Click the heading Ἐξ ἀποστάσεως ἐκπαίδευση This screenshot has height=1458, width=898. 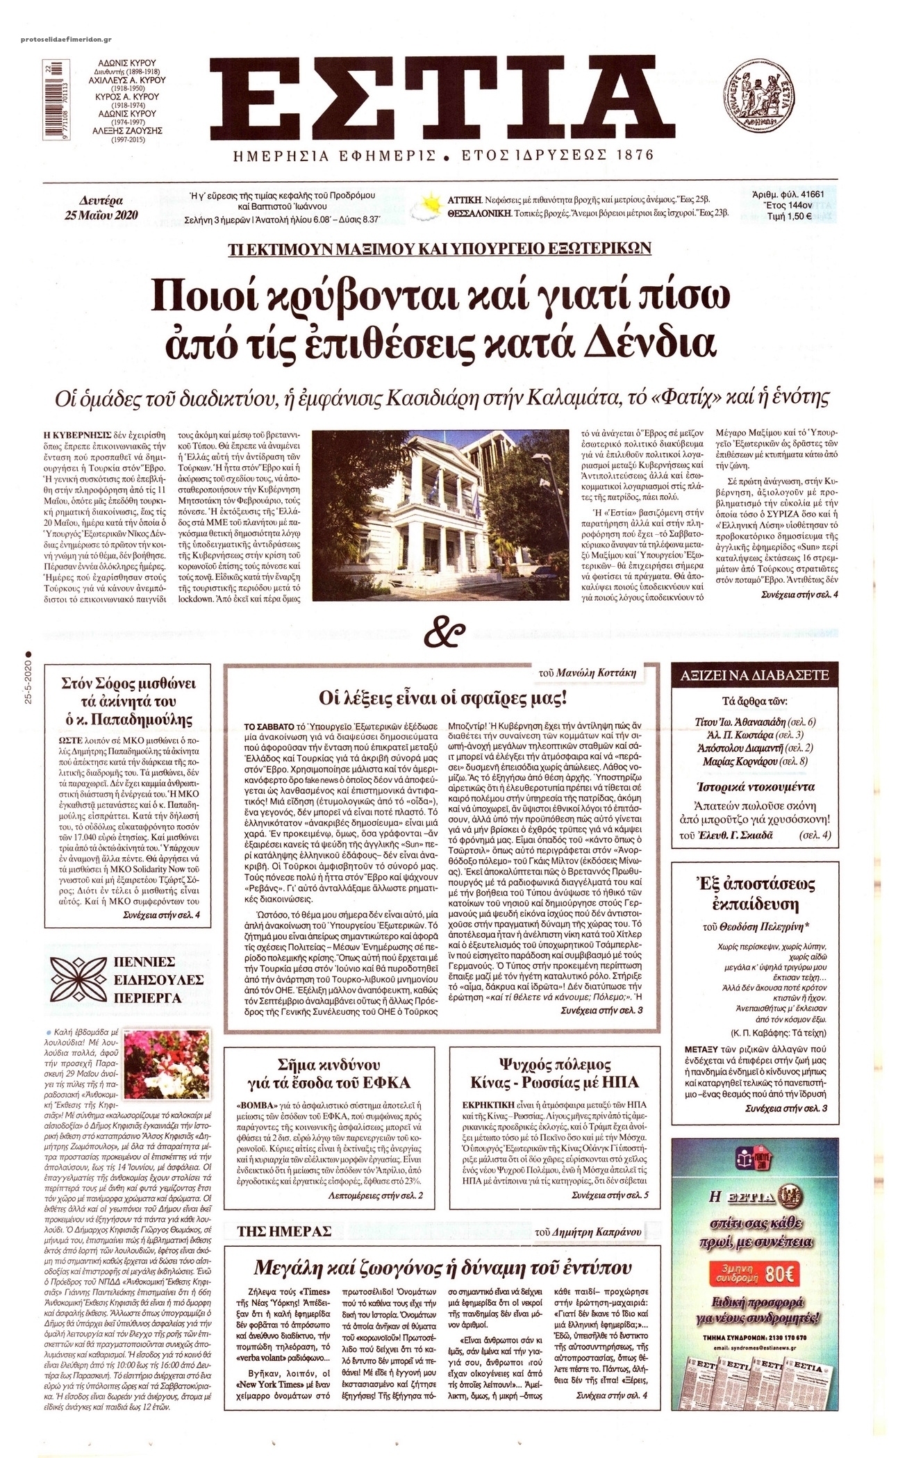(756, 894)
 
